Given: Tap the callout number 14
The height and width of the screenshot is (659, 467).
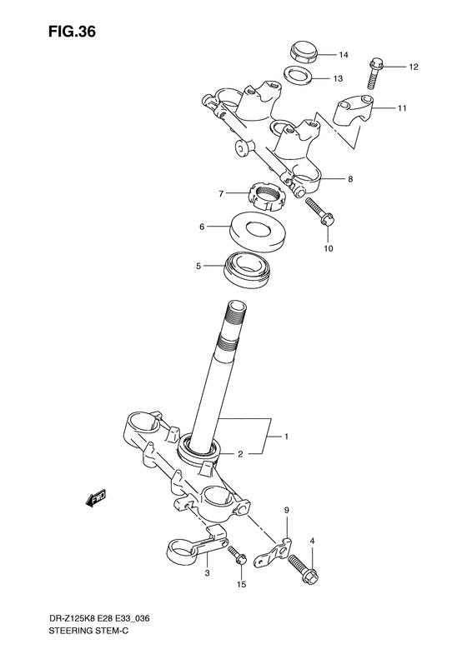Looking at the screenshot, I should pyautogui.click(x=342, y=55).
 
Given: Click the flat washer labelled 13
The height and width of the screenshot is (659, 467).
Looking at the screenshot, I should pyautogui.click(x=298, y=77).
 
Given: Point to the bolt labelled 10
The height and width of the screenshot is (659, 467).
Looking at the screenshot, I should pyautogui.click(x=320, y=212).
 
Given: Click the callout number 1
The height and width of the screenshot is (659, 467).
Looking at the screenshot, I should pyautogui.click(x=286, y=437).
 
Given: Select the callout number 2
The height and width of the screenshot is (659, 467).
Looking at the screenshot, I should pyautogui.click(x=239, y=454).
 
